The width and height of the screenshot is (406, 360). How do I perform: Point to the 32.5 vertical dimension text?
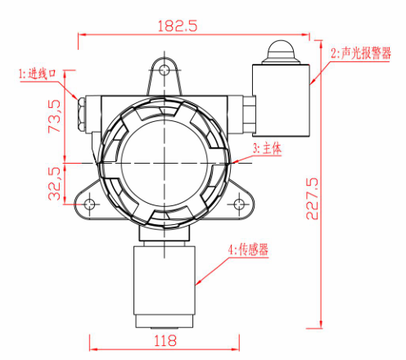tap(55, 185)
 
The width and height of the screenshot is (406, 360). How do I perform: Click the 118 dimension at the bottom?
tap(166, 340)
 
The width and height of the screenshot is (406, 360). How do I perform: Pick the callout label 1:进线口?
tap(37, 74)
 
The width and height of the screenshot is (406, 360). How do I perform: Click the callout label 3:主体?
tap(267, 149)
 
